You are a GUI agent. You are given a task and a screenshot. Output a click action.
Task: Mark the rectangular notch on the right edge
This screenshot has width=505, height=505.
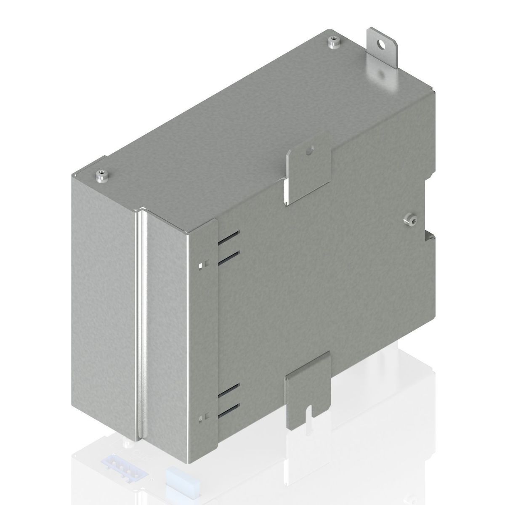[429, 206]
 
